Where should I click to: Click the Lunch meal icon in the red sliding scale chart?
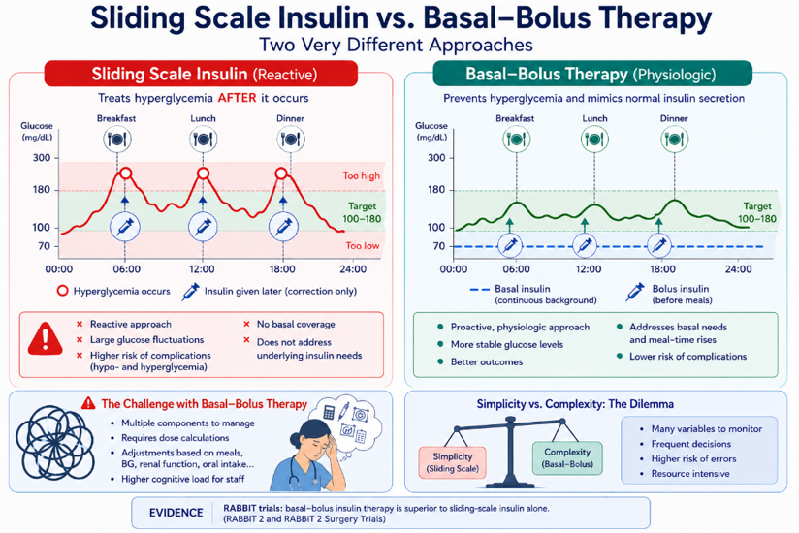point(203,139)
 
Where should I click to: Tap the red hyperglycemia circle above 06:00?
point(125,174)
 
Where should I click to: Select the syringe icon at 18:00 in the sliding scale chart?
point(283,227)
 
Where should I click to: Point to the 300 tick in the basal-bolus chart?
point(436,158)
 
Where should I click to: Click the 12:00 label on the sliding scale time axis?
point(202,268)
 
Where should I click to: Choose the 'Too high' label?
point(362,175)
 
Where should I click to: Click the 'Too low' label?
point(363,246)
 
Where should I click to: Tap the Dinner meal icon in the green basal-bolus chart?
point(674,139)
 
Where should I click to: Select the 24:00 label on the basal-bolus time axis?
point(738,268)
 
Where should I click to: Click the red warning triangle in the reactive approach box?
point(46,338)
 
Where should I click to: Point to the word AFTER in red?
point(237,98)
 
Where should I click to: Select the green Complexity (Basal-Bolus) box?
point(567,458)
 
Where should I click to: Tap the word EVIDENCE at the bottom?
point(176,513)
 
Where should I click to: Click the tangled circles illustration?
point(55,443)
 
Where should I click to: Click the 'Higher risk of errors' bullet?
point(693,458)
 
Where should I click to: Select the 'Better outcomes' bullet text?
point(487,361)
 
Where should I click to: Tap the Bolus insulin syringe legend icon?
point(635,293)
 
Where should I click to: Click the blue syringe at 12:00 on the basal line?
point(585,246)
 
